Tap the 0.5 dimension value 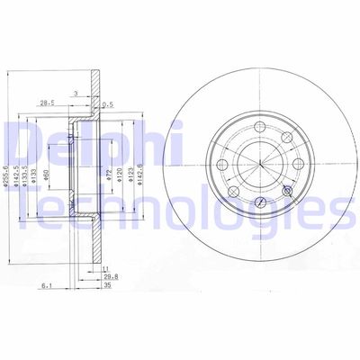click(109, 104)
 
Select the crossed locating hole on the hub click(288, 191)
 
